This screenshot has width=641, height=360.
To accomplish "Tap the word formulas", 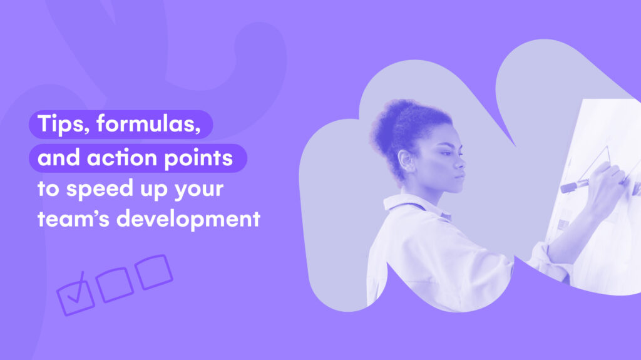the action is pos(149,123).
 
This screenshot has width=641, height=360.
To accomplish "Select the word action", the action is pos(122,158).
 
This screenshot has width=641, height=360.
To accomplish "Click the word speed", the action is pos(100,190).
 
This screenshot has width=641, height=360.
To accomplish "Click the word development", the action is pos(188,219).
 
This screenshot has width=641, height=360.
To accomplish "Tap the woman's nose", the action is pos(459,162).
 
